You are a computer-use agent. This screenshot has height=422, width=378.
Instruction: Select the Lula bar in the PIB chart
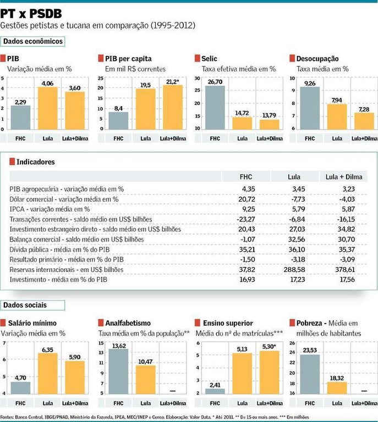tap(47, 108)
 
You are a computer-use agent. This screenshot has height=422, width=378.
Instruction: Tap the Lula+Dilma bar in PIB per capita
tap(172, 107)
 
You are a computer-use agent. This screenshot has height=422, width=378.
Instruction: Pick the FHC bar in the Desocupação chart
tap(309, 108)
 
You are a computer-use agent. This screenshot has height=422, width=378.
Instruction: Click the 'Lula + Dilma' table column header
tap(346, 176)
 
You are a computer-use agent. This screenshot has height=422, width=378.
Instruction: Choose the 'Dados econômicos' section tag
tap(34, 41)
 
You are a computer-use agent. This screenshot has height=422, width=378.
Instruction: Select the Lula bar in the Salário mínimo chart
tap(47, 373)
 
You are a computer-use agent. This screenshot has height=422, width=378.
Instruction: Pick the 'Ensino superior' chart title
tap(228, 323)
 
